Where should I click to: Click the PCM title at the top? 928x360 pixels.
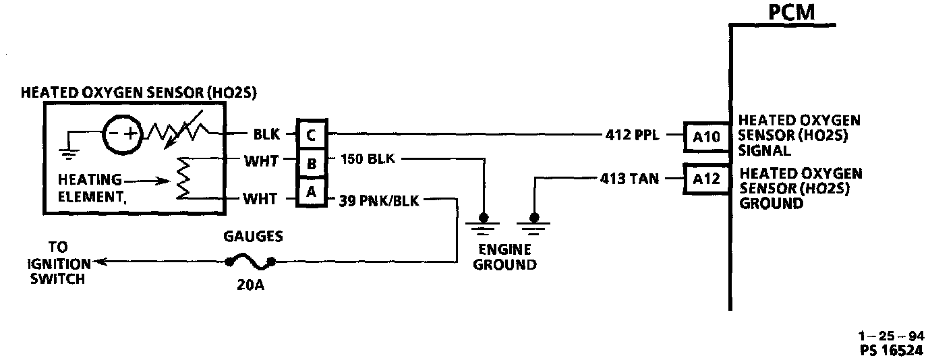tap(791, 12)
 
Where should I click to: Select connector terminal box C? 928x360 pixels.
tap(311, 136)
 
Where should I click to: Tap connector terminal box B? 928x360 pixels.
tap(311, 164)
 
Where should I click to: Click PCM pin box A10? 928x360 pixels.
tap(707, 138)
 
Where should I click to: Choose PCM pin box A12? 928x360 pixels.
tap(707, 179)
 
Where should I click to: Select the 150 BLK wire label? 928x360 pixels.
tap(368, 160)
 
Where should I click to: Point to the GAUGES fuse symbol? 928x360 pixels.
tap(251, 260)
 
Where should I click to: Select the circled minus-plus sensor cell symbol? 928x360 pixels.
tap(121, 135)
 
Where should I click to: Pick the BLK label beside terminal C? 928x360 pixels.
tap(266, 135)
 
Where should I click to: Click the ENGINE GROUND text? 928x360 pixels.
tap(505, 258)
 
